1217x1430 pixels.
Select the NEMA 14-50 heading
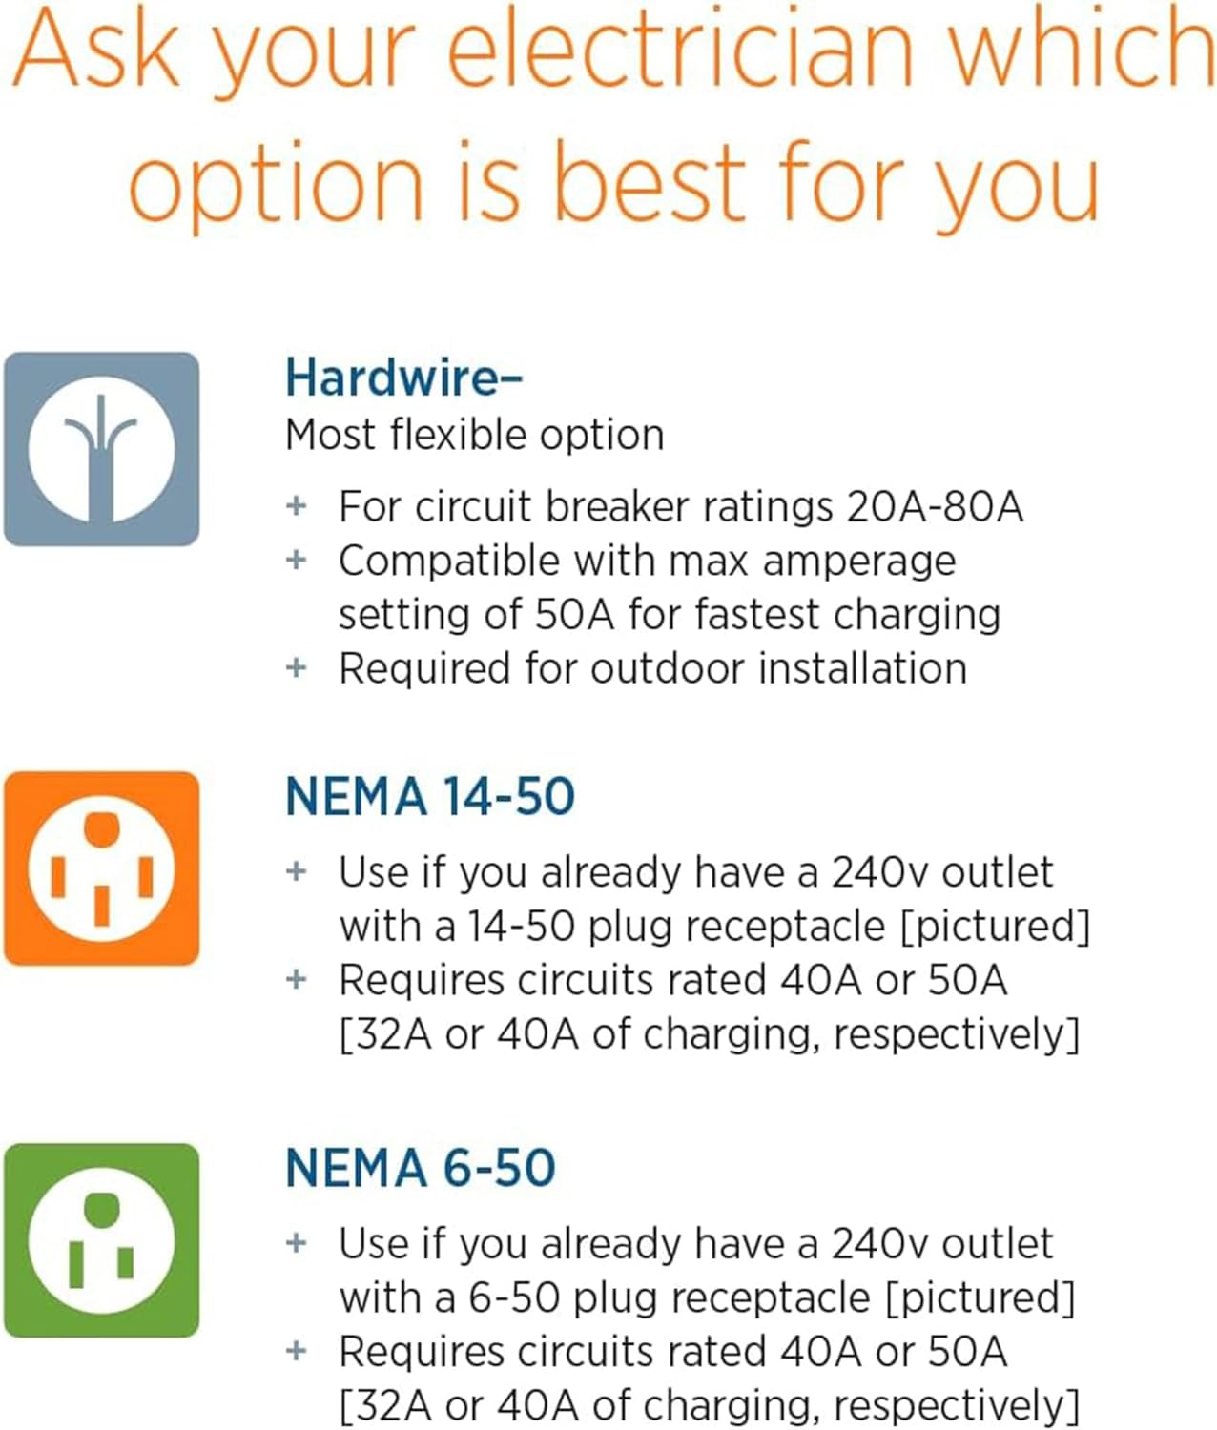click(430, 797)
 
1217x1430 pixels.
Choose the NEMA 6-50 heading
click(421, 1169)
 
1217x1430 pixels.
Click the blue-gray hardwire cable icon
click(101, 449)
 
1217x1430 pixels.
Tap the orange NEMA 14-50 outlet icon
click(101, 868)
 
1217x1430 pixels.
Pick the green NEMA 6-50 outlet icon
click(101, 1240)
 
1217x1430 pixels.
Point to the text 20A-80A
click(935, 506)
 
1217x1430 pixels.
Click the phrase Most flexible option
click(474, 436)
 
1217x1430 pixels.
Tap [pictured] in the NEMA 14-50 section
click(995, 927)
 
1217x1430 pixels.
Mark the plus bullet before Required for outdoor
click(297, 667)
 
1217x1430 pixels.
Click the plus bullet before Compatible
click(297, 560)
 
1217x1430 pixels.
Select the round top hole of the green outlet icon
click(101, 1209)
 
